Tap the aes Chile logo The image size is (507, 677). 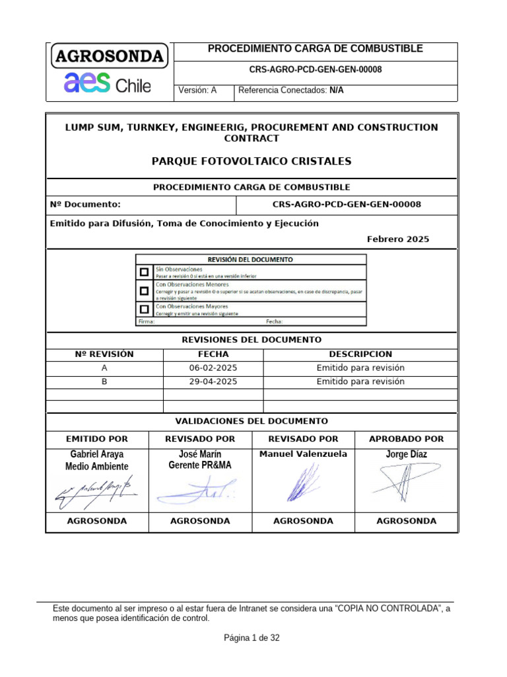click(107, 85)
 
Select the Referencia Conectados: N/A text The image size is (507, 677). click(290, 91)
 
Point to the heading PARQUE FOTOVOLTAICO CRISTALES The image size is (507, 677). click(252, 161)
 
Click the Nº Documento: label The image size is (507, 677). click(85, 204)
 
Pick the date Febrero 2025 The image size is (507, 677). click(397, 239)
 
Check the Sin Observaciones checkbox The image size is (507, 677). click(144, 272)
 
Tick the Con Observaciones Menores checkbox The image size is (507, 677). click(144, 290)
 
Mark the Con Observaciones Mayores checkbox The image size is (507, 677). click(144, 309)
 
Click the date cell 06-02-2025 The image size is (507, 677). click(213, 368)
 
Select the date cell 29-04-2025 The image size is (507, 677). click(213, 381)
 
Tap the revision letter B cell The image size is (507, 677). click(104, 381)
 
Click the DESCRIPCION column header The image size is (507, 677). click(360, 354)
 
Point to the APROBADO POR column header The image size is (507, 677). click(406, 438)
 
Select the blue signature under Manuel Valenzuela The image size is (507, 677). click(302, 483)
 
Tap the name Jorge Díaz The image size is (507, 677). click(406, 454)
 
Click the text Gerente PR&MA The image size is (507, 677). click(200, 465)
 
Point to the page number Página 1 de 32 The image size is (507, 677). click(252, 638)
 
